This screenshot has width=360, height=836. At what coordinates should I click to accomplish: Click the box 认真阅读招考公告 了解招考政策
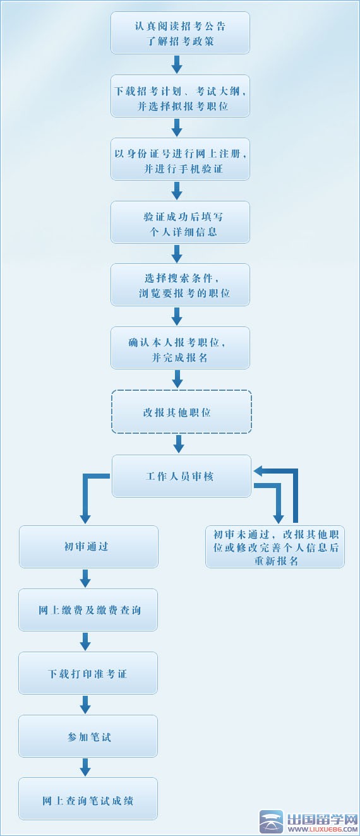click(x=180, y=33)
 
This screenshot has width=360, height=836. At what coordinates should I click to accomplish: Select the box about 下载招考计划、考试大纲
click(x=180, y=96)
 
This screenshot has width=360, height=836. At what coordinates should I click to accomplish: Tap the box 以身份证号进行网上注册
click(x=180, y=159)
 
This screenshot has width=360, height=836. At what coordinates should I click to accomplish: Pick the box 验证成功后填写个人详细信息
click(x=180, y=222)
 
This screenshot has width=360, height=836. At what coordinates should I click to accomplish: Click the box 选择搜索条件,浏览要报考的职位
click(x=180, y=285)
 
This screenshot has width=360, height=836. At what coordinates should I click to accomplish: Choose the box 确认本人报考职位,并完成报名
click(x=180, y=348)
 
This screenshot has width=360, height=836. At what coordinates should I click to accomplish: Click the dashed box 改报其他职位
click(x=181, y=412)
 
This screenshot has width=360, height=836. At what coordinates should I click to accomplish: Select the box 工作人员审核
click(x=181, y=476)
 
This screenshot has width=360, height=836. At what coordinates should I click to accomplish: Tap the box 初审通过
click(x=88, y=546)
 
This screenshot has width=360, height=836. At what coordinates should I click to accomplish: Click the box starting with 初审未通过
click(x=275, y=547)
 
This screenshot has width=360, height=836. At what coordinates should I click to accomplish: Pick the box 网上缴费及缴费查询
click(x=88, y=610)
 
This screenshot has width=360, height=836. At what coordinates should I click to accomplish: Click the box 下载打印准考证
click(x=88, y=673)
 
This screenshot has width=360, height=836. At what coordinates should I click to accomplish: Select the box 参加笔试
click(x=88, y=736)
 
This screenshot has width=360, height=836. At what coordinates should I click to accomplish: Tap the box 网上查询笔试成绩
click(x=88, y=799)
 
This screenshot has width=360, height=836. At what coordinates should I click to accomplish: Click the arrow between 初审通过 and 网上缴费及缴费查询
click(x=85, y=578)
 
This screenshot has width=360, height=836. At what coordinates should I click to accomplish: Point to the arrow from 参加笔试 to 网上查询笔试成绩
click(x=85, y=767)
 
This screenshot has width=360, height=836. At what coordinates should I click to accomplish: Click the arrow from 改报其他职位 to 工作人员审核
click(x=179, y=444)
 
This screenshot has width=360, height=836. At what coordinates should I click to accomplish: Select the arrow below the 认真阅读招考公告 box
click(x=177, y=64)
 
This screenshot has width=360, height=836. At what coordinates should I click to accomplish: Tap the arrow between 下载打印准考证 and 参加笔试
click(x=85, y=705)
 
